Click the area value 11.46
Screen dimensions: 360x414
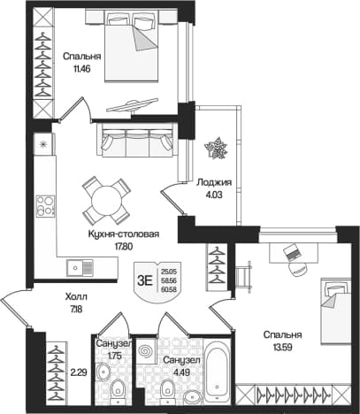pos(81,69)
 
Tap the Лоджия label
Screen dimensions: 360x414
pos(214,182)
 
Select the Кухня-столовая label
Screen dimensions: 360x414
pos(124,234)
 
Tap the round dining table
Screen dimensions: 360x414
pos(106,201)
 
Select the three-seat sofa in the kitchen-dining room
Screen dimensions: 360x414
pos(137,140)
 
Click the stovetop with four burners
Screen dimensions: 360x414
pos(45,206)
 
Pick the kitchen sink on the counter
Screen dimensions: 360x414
pos(80,268)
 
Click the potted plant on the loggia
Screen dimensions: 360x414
pos(217,148)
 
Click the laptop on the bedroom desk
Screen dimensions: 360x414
pos(293,252)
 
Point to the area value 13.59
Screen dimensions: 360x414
pos(282,348)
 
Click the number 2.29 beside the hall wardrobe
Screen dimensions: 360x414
pos(79,373)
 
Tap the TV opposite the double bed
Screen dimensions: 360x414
pos(132,105)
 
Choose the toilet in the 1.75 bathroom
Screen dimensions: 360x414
pos(118,389)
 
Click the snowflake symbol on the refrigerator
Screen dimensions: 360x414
pos(43,144)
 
